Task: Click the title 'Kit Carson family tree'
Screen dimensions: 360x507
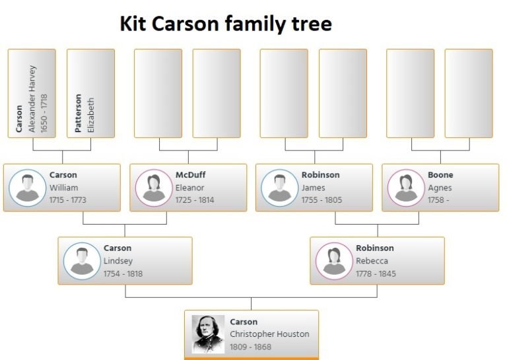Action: point(226,24)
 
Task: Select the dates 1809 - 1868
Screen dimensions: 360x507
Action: point(250,347)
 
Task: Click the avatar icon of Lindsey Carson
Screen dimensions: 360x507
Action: point(82,261)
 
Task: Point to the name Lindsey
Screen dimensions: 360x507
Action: point(118,261)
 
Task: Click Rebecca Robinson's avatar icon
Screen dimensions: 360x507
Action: point(334,261)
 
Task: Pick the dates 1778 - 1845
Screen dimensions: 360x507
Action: point(376,273)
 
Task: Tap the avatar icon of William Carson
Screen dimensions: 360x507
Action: point(28,188)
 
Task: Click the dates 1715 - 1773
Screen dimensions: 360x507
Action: point(68,200)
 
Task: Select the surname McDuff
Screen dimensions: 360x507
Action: point(190,175)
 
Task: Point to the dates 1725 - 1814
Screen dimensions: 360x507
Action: point(195,200)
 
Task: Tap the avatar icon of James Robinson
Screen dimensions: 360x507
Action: point(280,188)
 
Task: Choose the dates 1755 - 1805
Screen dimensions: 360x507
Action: point(321,200)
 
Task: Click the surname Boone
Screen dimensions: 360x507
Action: point(440,175)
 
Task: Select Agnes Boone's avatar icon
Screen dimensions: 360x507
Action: point(406,188)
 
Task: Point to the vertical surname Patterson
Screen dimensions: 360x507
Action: point(79,112)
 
